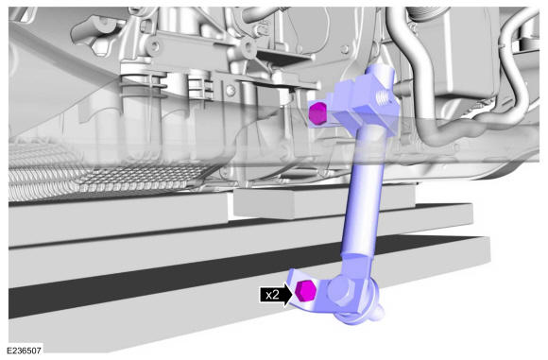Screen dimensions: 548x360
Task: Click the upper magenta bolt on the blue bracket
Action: tap(318, 113)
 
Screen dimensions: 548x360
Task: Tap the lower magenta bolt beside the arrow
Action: tap(305, 291)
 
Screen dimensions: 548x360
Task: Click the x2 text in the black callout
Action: tap(272, 295)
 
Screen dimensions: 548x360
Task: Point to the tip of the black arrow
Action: tap(293, 295)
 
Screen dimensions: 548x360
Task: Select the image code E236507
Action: tap(24, 351)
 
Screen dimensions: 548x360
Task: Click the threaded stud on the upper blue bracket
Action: tap(384, 97)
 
